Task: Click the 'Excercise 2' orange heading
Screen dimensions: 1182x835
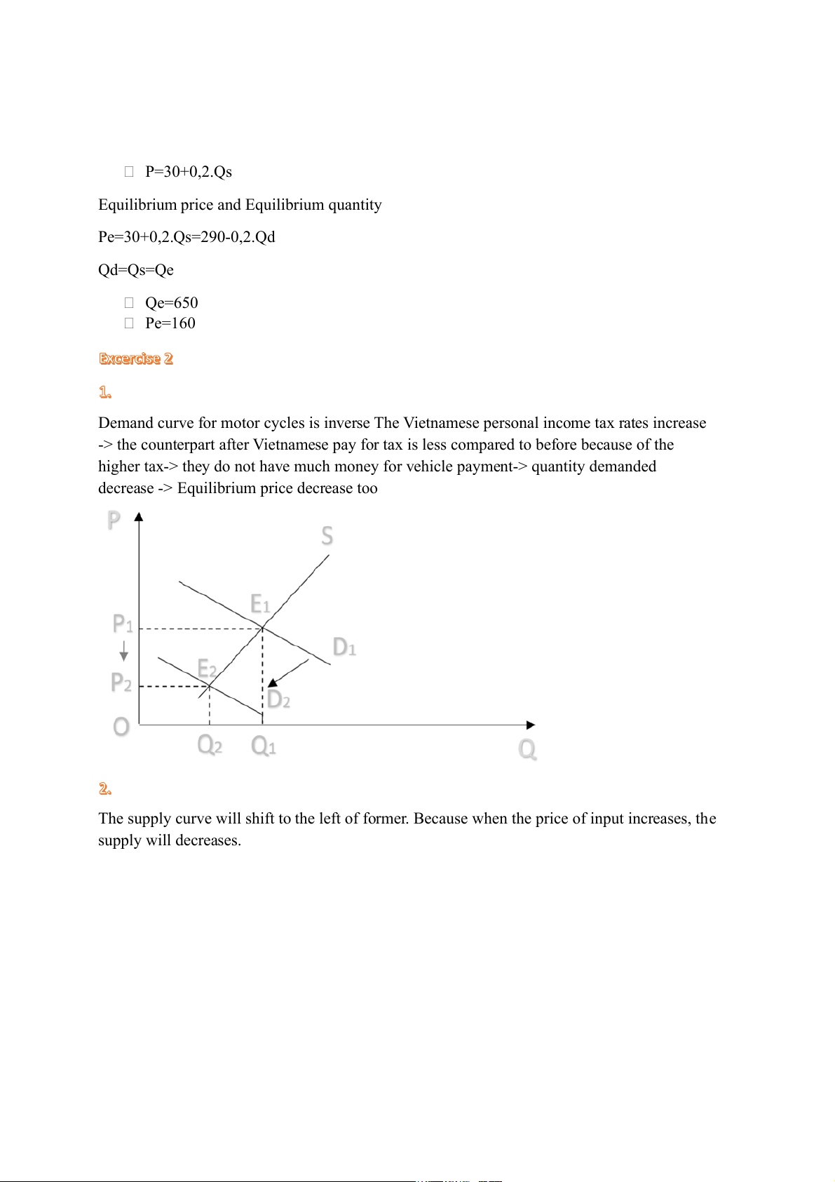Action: pyautogui.click(x=135, y=358)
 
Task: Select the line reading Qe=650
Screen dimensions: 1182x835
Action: pyautogui.click(x=171, y=302)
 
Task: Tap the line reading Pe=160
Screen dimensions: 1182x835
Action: pyautogui.click(x=170, y=323)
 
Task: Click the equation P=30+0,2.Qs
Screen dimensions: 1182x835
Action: pyautogui.click(x=188, y=172)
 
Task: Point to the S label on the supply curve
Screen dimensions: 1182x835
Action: pyautogui.click(x=327, y=536)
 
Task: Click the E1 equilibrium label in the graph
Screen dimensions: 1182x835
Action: pyautogui.click(x=259, y=604)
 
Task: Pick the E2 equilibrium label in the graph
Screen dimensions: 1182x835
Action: pyautogui.click(x=207, y=668)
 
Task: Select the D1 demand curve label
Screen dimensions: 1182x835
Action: pyautogui.click(x=344, y=647)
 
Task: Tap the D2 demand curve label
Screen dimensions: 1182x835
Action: pyautogui.click(x=278, y=699)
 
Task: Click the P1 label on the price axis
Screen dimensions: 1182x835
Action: pyautogui.click(x=123, y=624)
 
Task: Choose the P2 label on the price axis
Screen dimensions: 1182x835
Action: pyautogui.click(x=121, y=683)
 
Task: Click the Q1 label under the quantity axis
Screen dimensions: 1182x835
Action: pyautogui.click(x=263, y=746)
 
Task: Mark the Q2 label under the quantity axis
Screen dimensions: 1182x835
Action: pyautogui.click(x=210, y=744)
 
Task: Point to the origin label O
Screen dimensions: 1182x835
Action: pyautogui.click(x=121, y=727)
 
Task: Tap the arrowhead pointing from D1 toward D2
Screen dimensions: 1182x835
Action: pyautogui.click(x=273, y=682)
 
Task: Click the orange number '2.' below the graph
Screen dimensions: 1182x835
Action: pyautogui.click(x=105, y=789)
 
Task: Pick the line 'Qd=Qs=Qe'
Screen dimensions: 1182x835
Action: pyautogui.click(x=136, y=270)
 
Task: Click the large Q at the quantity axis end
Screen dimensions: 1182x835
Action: pyautogui.click(x=527, y=750)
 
